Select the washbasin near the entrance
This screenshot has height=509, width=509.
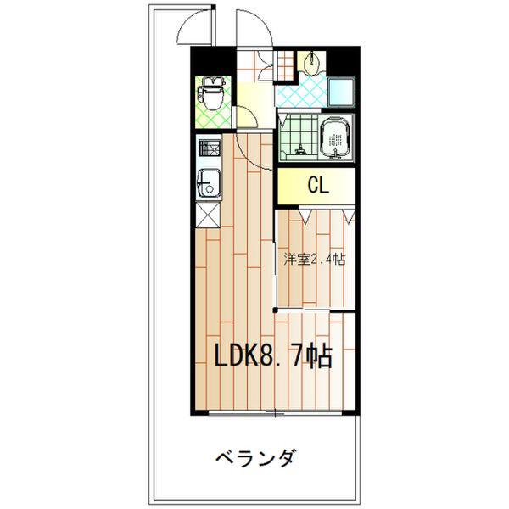(x=313, y=61)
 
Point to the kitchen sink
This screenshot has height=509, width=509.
(x=209, y=181)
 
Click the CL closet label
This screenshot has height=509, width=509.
(x=318, y=185)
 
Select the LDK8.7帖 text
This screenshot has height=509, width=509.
(x=271, y=355)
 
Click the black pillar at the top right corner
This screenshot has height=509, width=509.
(x=344, y=61)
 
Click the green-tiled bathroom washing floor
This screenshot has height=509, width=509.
(x=297, y=131)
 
